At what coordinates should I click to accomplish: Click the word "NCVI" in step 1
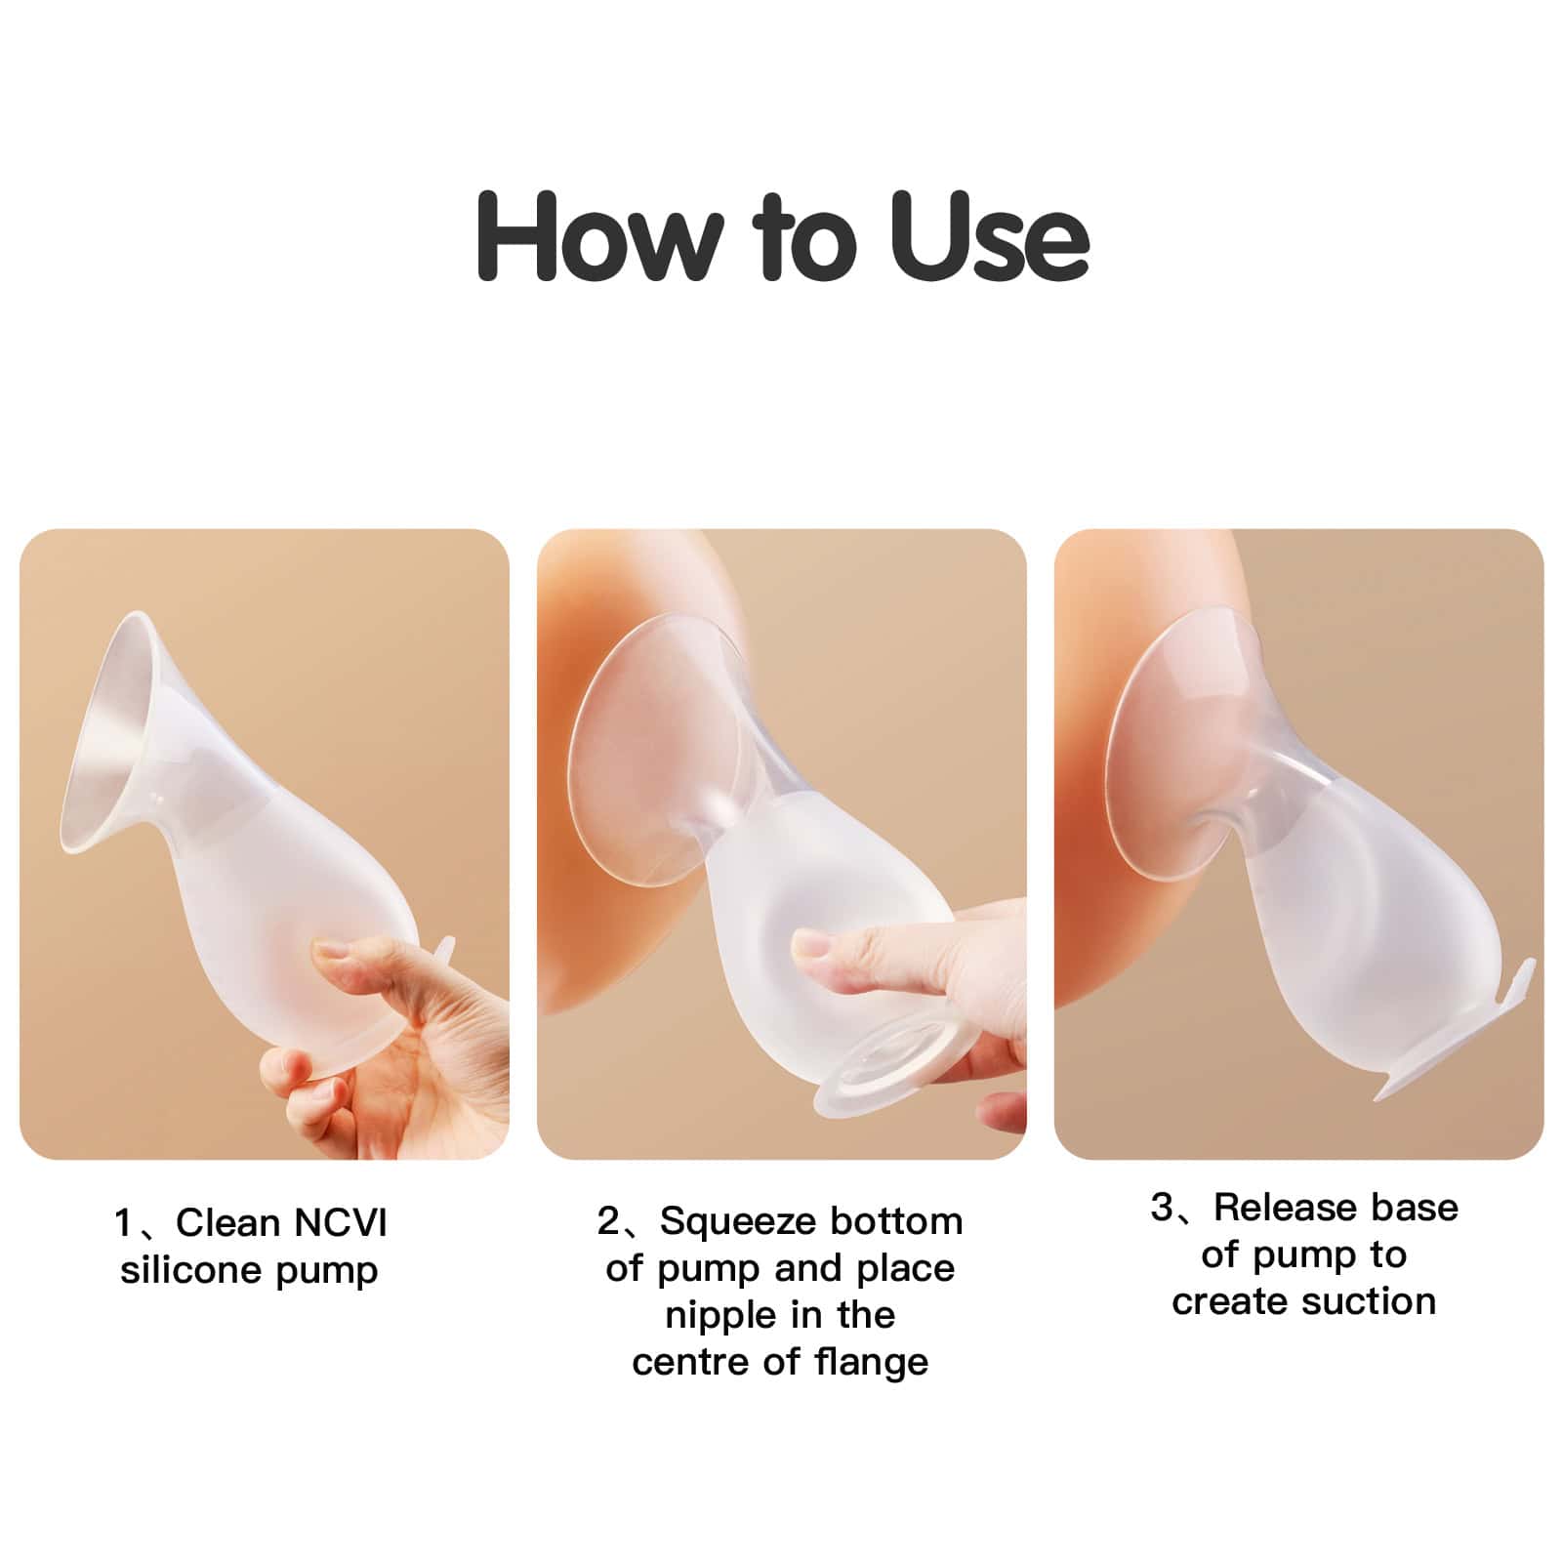pos(341,1223)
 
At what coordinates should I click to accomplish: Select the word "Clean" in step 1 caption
pos(227,1223)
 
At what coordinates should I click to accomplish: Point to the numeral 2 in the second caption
pos(608,1221)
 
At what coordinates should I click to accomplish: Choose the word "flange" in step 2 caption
pos(871,1362)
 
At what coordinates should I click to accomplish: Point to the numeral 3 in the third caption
pos(1162,1208)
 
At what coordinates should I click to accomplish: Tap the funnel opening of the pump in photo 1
pos(107,742)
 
